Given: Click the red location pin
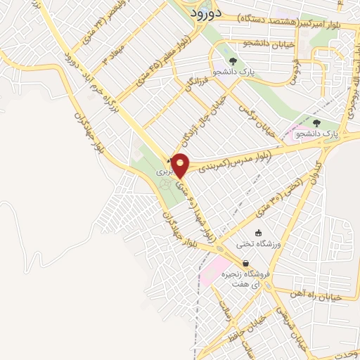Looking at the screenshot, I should (180, 165).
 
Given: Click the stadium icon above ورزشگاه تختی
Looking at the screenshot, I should (259, 233).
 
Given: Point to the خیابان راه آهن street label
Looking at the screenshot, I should (320, 297).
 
